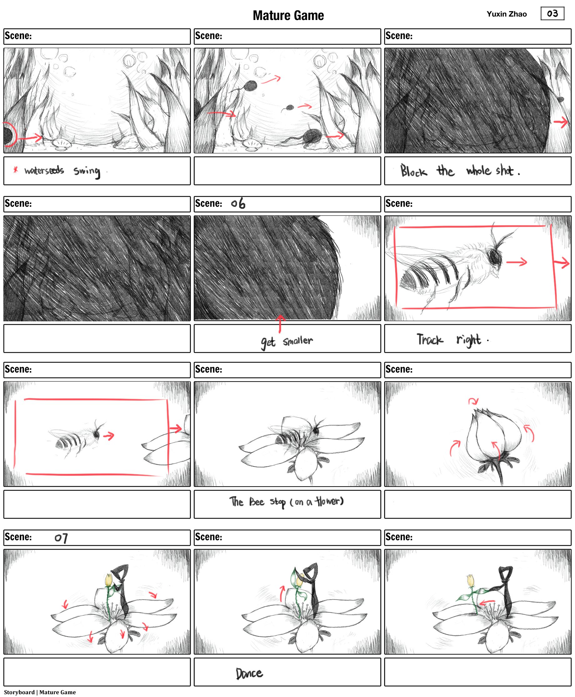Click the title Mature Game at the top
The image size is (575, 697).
pos(288,16)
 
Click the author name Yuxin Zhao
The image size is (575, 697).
pos(507,14)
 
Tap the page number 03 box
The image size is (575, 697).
pos(552,13)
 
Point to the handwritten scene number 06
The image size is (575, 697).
pos(238,203)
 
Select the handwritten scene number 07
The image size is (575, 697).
pos(61,538)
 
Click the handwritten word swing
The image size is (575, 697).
pos(87,171)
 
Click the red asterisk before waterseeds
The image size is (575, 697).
pos(15,170)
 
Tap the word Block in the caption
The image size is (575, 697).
pos(413,171)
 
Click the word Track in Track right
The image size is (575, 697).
pos(430,339)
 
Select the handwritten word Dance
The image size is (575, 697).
pos(249,673)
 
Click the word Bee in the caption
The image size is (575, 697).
pos(257,502)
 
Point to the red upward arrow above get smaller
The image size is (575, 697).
pos(280,323)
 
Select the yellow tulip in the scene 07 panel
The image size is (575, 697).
pos(109,581)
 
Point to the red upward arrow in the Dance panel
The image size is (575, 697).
pos(282,593)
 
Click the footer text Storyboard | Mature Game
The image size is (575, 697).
pos(40,692)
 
